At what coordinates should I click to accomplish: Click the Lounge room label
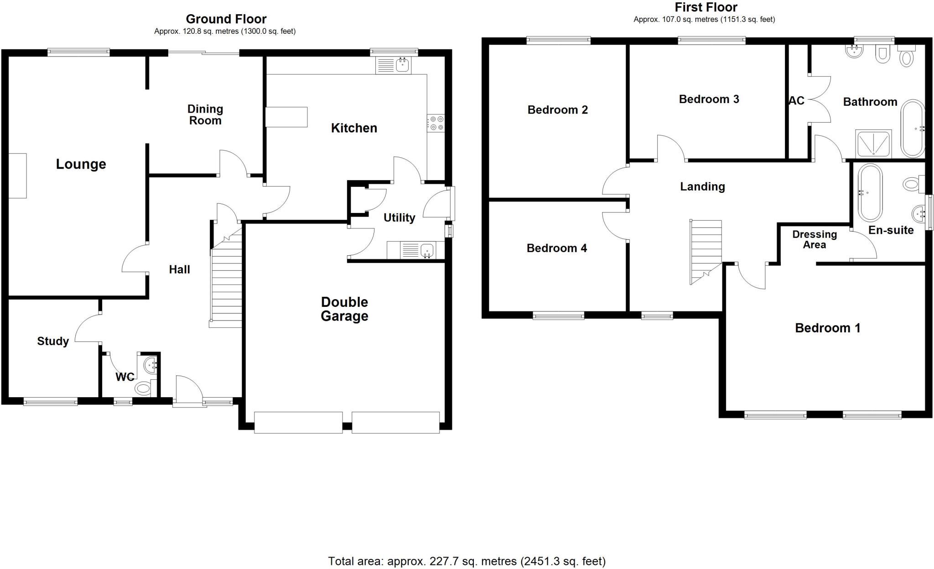(81, 164)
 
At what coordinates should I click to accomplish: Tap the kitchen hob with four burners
(436, 123)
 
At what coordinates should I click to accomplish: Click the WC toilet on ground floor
(143, 388)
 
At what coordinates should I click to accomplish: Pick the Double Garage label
(344, 309)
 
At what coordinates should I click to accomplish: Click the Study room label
(53, 341)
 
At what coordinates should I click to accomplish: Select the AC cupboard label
(796, 101)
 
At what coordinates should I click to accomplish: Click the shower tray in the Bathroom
(873, 144)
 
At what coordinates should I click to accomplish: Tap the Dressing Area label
(815, 239)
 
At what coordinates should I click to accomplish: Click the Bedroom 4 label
(556, 248)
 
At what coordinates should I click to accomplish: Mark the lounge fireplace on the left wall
(17, 176)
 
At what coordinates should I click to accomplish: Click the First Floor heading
(706, 7)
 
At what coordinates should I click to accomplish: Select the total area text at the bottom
(467, 561)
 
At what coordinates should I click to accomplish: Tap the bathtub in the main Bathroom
(912, 129)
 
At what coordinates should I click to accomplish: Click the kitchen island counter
(286, 117)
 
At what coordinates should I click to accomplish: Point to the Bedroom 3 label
(709, 99)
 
